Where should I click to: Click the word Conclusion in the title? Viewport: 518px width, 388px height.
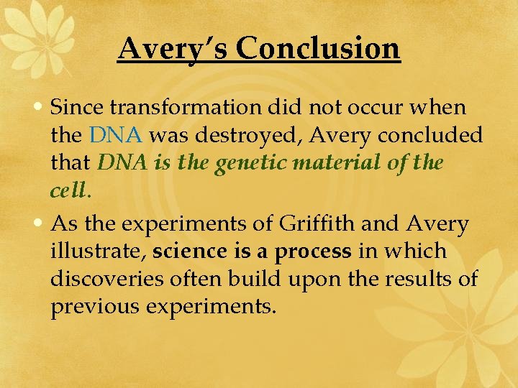click(x=317, y=48)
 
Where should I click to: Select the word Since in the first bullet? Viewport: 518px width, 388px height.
click(x=78, y=108)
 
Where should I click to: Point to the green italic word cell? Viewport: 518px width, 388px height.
click(x=68, y=190)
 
